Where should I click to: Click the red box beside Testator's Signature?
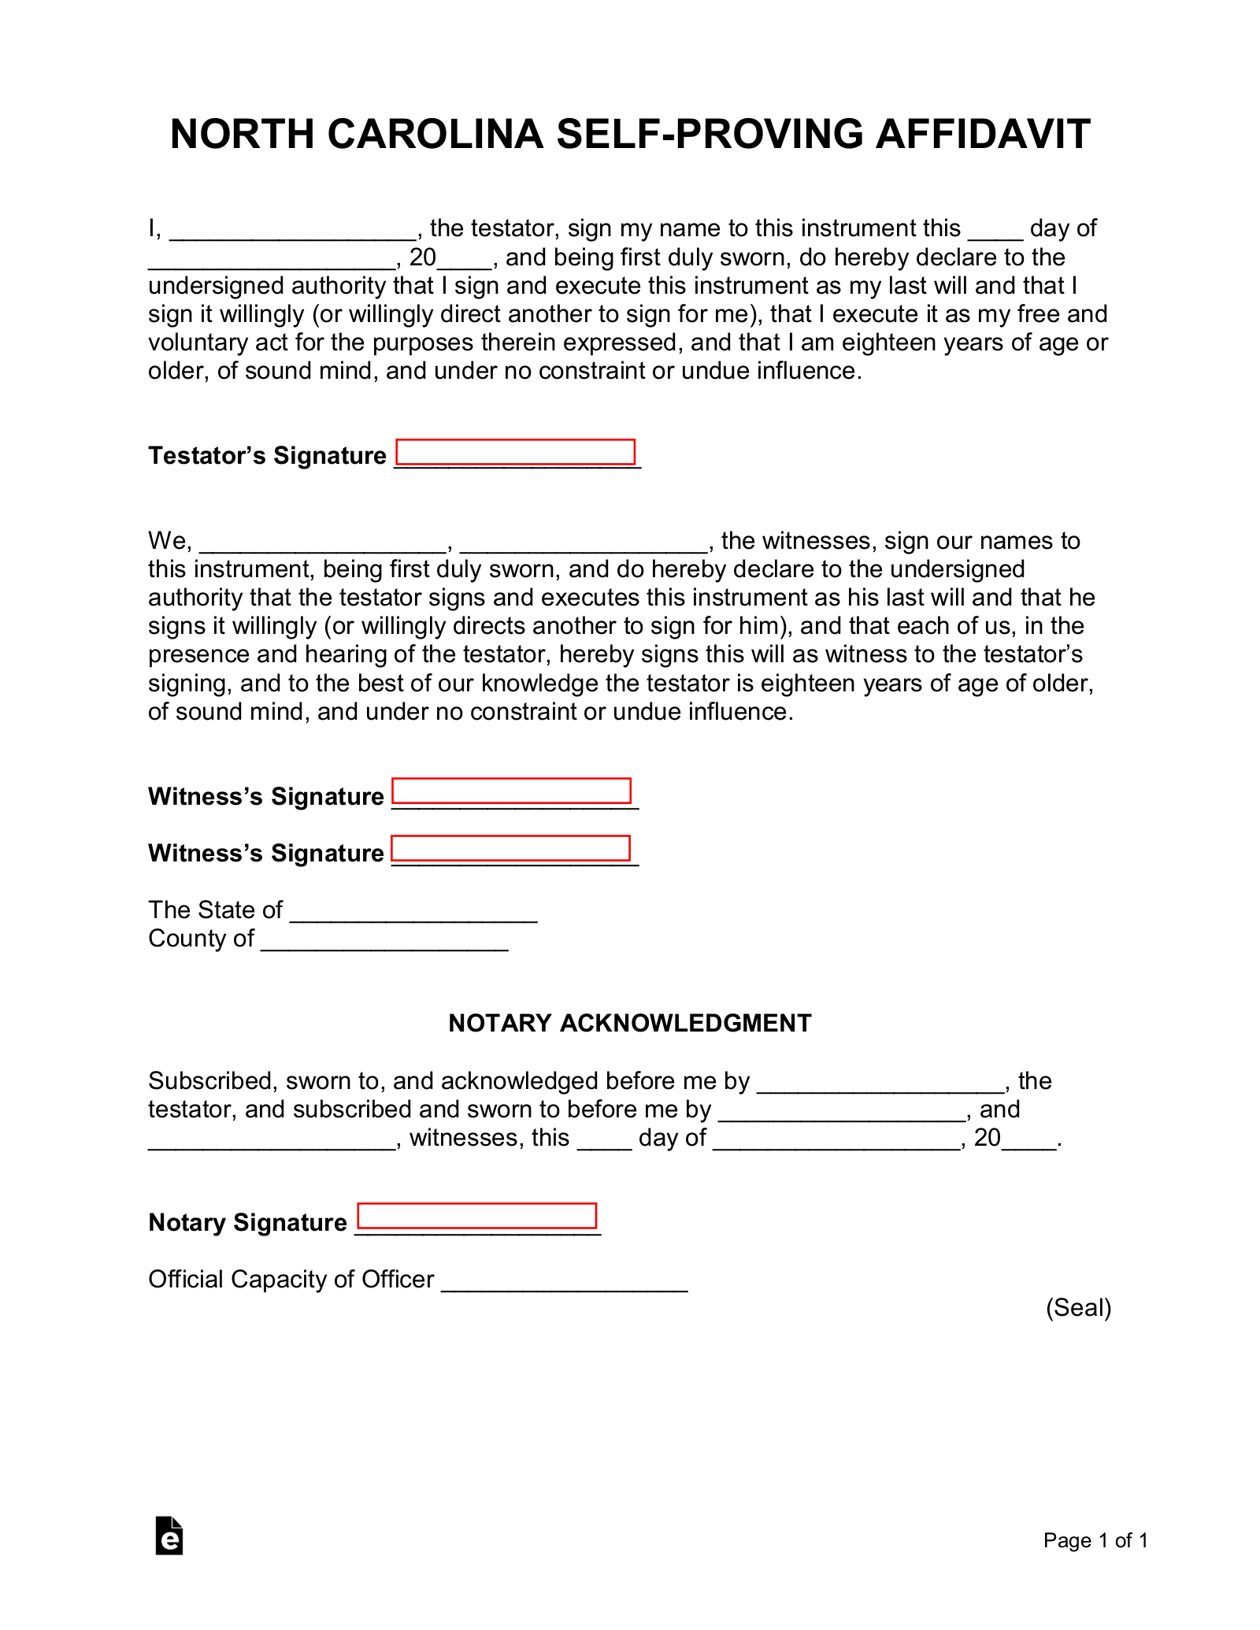[515, 452]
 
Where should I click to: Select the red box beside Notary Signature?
[476, 1216]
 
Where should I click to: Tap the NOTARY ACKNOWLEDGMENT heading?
[629, 1023]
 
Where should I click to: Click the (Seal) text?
[1078, 1308]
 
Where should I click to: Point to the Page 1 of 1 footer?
[1095, 1540]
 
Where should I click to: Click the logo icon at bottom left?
[169, 1536]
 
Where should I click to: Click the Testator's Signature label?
[267, 456]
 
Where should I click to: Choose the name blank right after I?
[293, 233]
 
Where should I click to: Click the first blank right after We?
[324, 546]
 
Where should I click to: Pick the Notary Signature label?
[247, 1222]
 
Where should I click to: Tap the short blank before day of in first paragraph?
[995, 233]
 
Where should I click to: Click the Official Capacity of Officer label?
[291, 1280]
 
